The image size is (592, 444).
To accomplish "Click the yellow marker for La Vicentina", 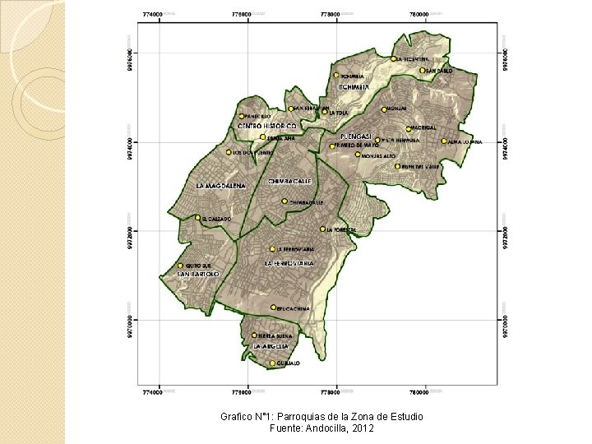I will point(395,59).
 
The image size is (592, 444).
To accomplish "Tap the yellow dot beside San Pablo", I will point(423,71).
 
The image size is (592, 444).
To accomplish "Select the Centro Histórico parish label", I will point(266,126).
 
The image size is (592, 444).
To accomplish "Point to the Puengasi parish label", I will point(356,136).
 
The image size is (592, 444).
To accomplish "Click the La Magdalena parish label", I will point(221,186).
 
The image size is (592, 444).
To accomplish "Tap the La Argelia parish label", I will point(271,347).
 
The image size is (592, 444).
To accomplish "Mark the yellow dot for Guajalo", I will point(272,363).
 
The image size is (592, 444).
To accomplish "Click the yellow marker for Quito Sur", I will point(181,266).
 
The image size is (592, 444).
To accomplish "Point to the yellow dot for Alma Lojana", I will point(445,141).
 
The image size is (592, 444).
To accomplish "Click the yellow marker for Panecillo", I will point(242,116).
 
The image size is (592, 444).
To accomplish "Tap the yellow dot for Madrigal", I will point(408,128).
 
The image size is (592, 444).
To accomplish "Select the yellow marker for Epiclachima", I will point(274,308).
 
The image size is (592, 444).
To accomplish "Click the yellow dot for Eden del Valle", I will point(397,166).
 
